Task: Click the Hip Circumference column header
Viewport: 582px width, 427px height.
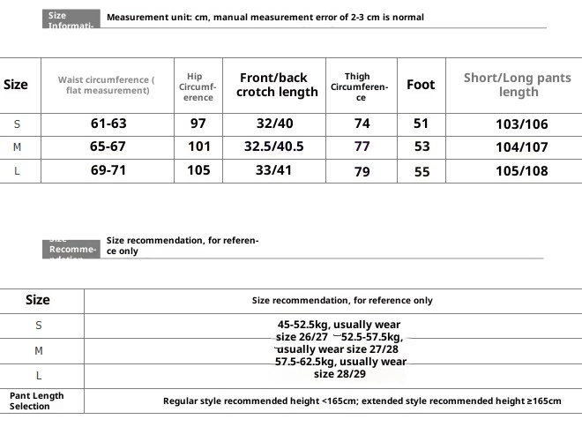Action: (x=198, y=86)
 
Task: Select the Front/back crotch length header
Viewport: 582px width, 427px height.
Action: (x=279, y=85)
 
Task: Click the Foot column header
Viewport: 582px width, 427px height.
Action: (x=421, y=85)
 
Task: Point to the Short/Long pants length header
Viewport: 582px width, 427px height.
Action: (x=518, y=85)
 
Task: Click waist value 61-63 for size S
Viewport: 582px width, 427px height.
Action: (x=108, y=124)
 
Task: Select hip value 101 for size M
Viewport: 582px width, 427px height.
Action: (x=199, y=147)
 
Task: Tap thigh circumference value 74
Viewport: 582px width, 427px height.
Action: (x=362, y=124)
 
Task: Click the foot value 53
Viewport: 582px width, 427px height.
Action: (x=422, y=147)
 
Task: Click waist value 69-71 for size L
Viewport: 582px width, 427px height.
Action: (x=108, y=170)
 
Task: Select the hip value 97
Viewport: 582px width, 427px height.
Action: (x=198, y=124)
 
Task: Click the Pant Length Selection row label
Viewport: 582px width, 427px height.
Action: (x=37, y=401)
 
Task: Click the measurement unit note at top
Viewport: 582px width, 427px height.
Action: (x=265, y=17)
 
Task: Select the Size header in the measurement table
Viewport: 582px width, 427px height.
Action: (x=16, y=85)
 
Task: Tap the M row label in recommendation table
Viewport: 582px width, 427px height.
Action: (x=39, y=350)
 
